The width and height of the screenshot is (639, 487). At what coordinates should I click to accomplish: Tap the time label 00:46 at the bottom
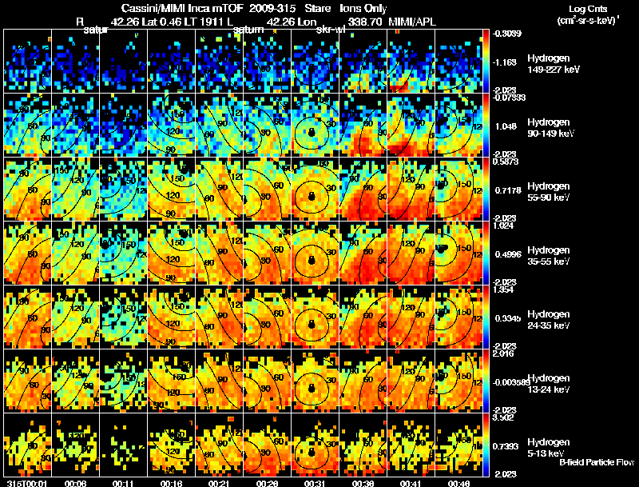click(459, 482)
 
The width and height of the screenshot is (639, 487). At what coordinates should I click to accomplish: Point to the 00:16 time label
click(172, 482)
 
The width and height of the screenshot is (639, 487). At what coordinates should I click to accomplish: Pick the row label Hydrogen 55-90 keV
click(549, 191)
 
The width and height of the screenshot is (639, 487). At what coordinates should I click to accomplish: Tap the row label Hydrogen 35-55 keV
click(549, 255)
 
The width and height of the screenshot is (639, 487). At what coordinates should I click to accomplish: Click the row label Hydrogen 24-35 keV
click(549, 319)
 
